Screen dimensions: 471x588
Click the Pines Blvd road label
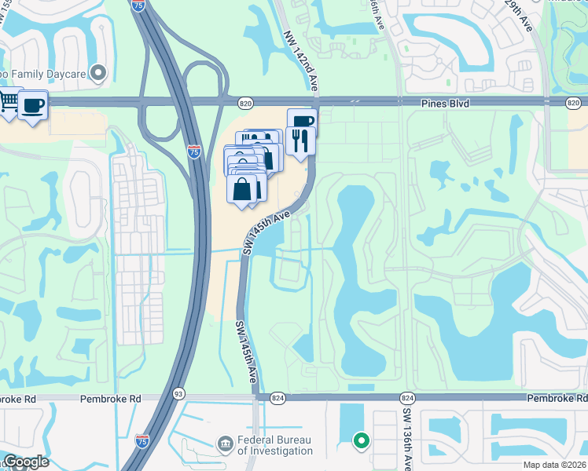[425, 103]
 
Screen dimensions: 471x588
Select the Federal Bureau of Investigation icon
[226, 445]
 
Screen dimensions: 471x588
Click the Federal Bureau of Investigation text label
[274, 446]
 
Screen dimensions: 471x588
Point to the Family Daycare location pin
[98, 74]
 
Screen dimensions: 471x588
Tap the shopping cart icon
[8, 102]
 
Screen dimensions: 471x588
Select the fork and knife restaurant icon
[300, 140]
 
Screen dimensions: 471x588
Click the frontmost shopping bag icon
[242, 188]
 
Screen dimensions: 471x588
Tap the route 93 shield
[178, 393]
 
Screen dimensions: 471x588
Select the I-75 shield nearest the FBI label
[142, 441]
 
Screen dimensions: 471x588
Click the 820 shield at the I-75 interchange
[245, 103]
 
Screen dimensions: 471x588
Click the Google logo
[25, 462]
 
